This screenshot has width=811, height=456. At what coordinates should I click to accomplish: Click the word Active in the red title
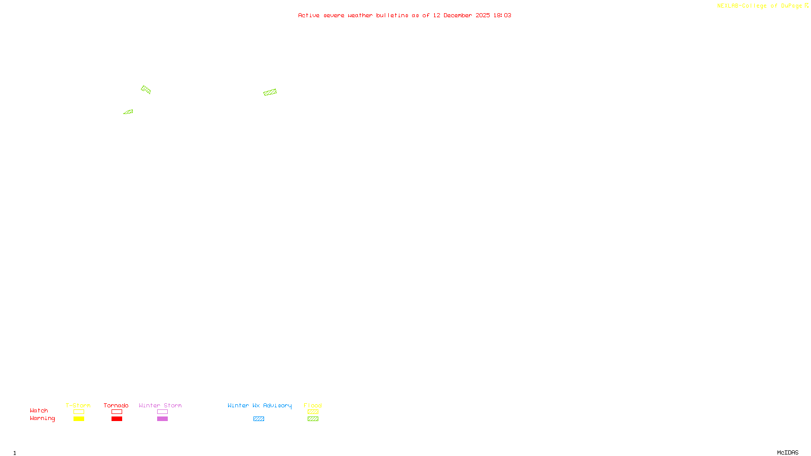pyautogui.click(x=309, y=16)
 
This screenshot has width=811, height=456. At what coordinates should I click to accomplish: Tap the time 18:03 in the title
pyautogui.click(x=502, y=16)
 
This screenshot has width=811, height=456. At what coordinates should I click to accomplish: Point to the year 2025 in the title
pyautogui.click(x=483, y=16)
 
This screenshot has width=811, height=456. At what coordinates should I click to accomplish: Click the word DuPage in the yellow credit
pyautogui.click(x=791, y=6)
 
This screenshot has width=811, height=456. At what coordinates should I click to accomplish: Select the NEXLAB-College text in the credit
pyautogui.click(x=742, y=6)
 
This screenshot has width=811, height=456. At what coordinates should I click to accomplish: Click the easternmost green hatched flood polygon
pyautogui.click(x=270, y=92)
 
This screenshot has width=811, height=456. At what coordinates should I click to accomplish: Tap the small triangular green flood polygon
pyautogui.click(x=129, y=112)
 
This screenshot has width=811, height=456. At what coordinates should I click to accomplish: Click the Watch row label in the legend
pyautogui.click(x=39, y=411)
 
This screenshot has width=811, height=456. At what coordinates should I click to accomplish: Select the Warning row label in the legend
pyautogui.click(x=42, y=419)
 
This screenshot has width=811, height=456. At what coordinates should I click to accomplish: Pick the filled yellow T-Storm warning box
pyautogui.click(x=79, y=419)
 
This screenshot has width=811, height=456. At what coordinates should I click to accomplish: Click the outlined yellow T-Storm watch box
pyautogui.click(x=79, y=412)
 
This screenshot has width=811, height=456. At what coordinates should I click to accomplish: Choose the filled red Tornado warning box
pyautogui.click(x=117, y=419)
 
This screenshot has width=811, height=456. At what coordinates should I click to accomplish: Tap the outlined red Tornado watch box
pyautogui.click(x=117, y=412)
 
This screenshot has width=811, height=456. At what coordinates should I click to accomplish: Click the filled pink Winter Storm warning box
pyautogui.click(x=162, y=419)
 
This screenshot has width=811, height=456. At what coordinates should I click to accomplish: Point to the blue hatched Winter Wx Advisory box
pyautogui.click(x=259, y=419)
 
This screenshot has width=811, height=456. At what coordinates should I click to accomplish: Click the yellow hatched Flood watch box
pyautogui.click(x=313, y=412)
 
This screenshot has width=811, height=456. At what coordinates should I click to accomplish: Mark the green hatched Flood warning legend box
pyautogui.click(x=313, y=419)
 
